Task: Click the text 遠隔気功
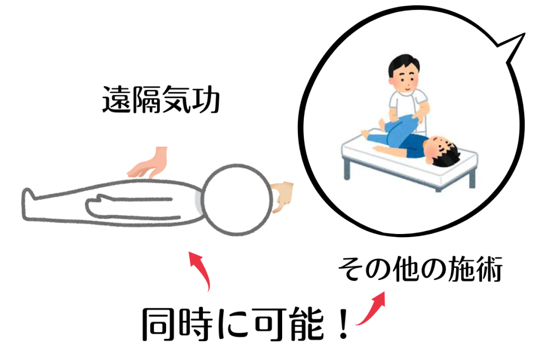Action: tap(161, 100)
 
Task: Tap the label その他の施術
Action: tap(420, 269)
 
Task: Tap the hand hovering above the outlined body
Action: tap(148, 163)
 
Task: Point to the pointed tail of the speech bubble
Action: tap(524, 34)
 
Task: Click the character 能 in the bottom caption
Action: tap(307, 324)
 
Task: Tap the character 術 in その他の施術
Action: tap(489, 269)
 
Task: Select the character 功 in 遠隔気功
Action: tap(206, 100)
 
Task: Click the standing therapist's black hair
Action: tap(403, 63)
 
